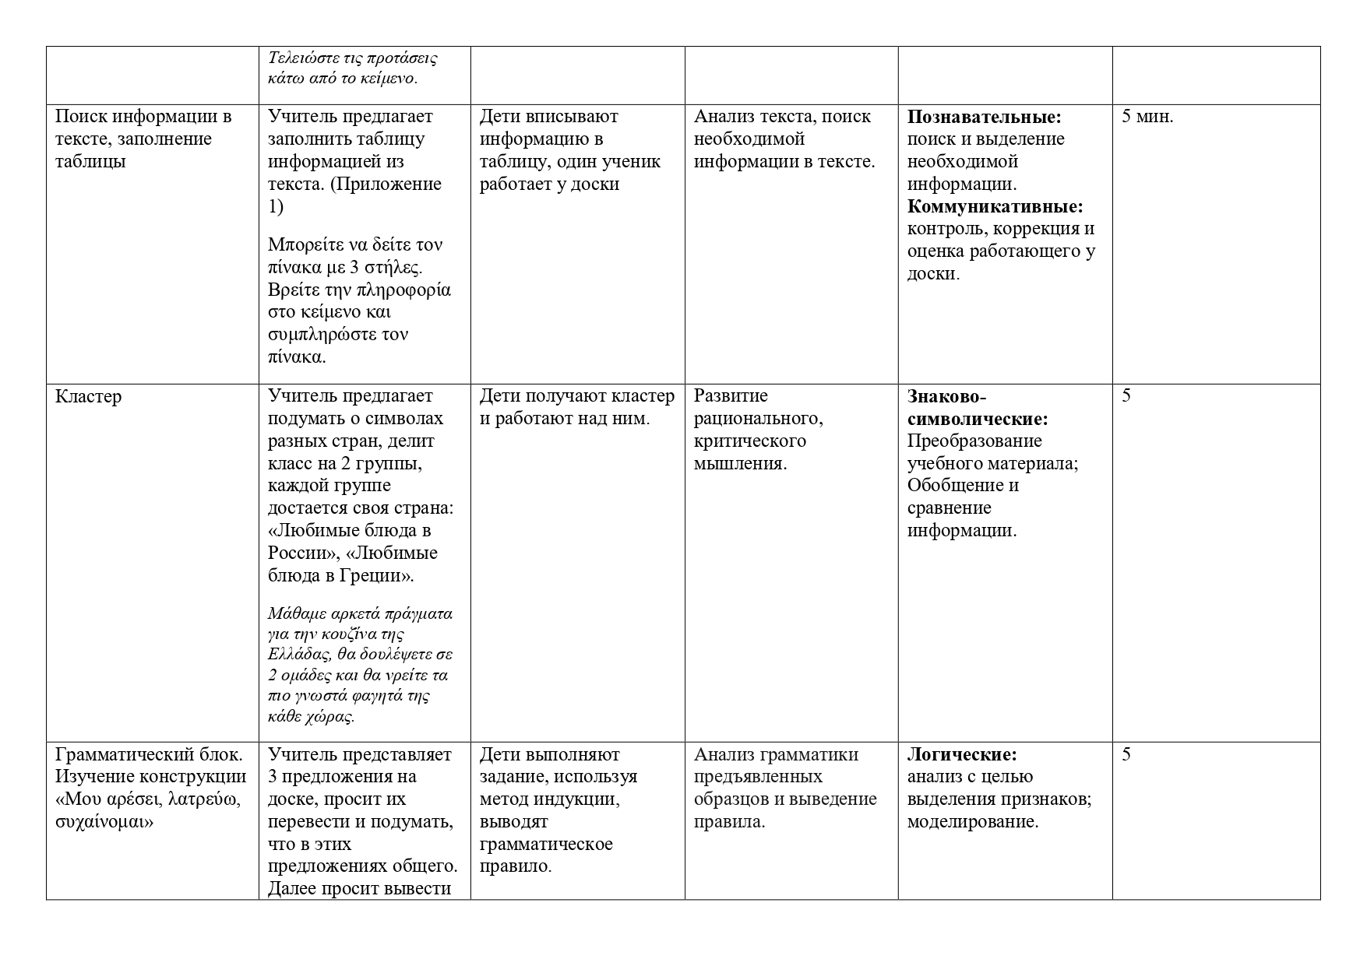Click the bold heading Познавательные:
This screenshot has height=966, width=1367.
[984, 117]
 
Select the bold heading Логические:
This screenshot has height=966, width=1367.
[961, 754]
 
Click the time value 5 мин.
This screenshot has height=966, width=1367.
[1147, 117]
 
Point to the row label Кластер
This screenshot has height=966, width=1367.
[88, 396]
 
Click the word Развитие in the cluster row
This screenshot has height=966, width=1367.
[730, 396]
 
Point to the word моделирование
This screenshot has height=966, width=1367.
[973, 822]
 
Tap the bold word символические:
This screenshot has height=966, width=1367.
[977, 419]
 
